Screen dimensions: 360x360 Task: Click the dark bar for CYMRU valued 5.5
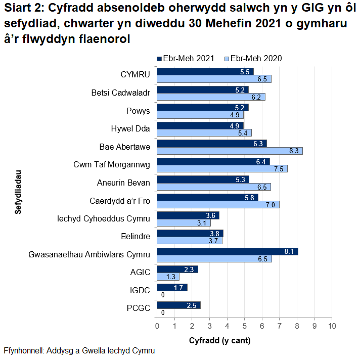pos(205,71)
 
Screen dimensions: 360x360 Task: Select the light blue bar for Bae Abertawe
pos(230,151)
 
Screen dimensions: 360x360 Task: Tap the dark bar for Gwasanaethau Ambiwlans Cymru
pos(228,251)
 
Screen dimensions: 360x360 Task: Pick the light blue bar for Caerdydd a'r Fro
pos(218,204)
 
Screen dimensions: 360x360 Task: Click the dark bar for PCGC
pos(178,305)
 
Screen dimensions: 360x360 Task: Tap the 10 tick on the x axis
pos(331,326)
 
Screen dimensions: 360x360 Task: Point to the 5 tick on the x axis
pos(244,326)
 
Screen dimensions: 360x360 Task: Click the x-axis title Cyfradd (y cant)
pos(219,340)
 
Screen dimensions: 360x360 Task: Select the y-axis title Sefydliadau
pos(18,192)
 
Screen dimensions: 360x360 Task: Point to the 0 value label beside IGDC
pos(162,295)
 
